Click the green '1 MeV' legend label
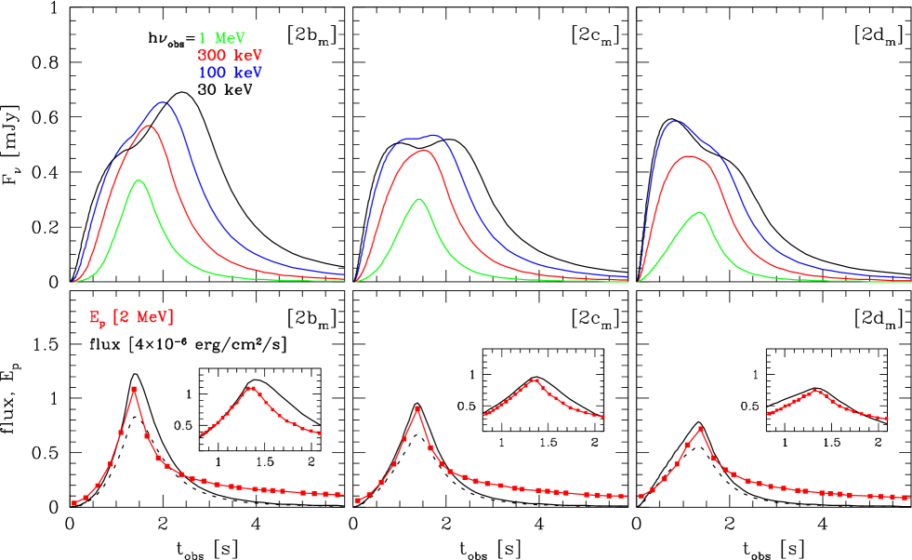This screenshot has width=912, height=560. tap(222, 38)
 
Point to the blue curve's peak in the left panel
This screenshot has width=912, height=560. tap(164, 102)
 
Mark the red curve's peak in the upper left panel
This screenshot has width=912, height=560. tap(149, 125)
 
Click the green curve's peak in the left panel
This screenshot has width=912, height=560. tap(139, 180)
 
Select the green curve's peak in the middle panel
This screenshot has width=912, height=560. tap(419, 198)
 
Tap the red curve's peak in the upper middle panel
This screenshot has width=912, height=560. tap(424, 150)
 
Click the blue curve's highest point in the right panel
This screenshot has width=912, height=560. tap(676, 121)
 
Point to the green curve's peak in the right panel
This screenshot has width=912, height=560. tap(700, 212)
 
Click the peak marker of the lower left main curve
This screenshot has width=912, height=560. tap(135, 389)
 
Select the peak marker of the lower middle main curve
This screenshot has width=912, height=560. tap(417, 408)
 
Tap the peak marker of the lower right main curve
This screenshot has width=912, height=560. tap(700, 429)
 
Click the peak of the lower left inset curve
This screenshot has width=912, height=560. tap(250, 388)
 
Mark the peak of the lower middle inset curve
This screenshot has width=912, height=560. tap(534, 380)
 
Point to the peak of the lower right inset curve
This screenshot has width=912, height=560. tap(816, 391)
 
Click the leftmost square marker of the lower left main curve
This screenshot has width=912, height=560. tap(74, 503)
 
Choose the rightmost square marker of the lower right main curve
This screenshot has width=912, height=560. tap(906, 498)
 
